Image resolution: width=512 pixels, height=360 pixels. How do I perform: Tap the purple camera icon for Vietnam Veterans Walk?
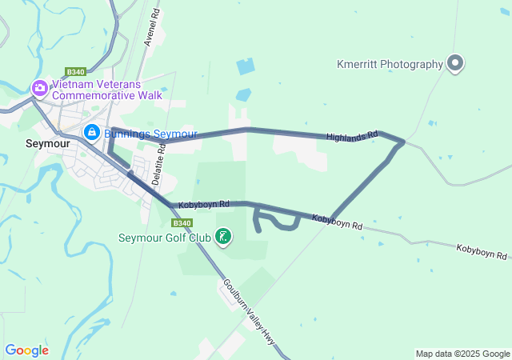coord(38,89)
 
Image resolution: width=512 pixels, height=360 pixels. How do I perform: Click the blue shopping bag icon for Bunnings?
coord(92,132)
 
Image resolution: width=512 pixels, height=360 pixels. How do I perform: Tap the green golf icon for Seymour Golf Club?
coord(224,236)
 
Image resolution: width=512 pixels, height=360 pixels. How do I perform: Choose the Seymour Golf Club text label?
coord(164,238)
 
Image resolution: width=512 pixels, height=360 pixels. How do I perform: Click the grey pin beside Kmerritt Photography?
coord(455,63)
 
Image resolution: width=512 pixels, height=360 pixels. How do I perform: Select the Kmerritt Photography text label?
coord(390,65)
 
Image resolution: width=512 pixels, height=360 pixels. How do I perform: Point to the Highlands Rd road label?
coord(351,137)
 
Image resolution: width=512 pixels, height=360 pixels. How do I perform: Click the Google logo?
coord(26,350)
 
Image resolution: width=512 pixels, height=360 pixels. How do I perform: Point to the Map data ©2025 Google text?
coord(462,354)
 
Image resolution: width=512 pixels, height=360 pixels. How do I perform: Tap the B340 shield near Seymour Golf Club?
coord(182,223)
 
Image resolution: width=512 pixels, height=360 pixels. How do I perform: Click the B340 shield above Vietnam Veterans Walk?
coord(76,71)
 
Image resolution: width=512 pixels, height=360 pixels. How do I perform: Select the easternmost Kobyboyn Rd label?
coord(482,252)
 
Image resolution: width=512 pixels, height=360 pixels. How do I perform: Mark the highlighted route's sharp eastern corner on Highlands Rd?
coord(402,142)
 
